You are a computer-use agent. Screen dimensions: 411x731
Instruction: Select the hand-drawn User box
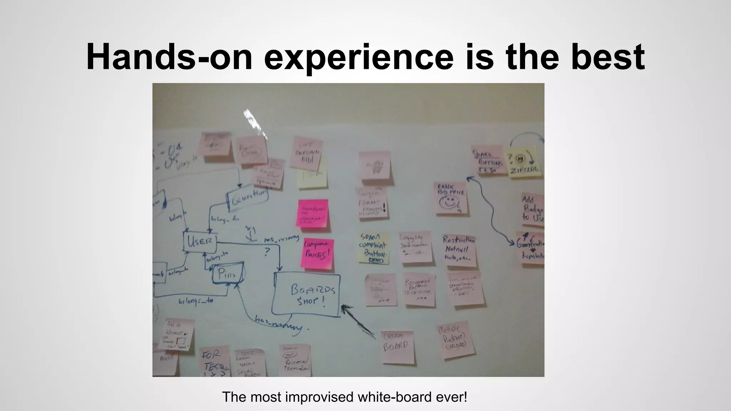pos(200,242)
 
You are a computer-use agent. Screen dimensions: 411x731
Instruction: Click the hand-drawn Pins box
pos(228,273)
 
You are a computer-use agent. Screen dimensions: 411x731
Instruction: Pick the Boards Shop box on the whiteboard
pos(306,295)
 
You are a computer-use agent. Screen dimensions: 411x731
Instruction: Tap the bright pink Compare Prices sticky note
pos(317,253)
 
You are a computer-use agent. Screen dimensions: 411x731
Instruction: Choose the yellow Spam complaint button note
pos(373,248)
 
